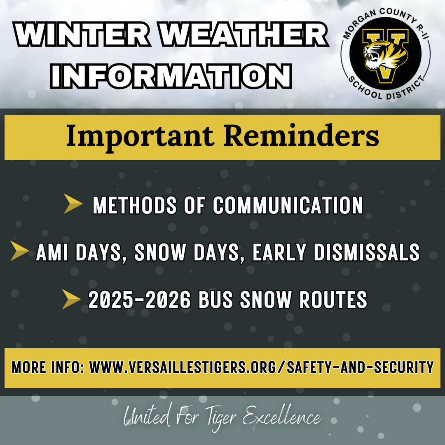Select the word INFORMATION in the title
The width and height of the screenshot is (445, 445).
pyautogui.click(x=171, y=75)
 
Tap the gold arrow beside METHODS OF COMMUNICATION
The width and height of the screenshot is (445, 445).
pyautogui.click(x=73, y=205)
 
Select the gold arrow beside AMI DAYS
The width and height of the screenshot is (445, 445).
pyautogui.click(x=19, y=251)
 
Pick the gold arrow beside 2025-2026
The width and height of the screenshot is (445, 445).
pyautogui.click(x=71, y=300)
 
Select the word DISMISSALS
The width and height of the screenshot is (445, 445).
pyautogui.click(x=367, y=252)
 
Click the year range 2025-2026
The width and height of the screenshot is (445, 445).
pyautogui.click(x=139, y=300)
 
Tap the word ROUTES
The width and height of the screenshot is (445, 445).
pyautogui.click(x=333, y=300)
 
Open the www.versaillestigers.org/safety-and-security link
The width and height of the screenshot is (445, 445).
pyautogui.click(x=262, y=367)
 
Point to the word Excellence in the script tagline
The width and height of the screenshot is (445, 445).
pyautogui.click(x=281, y=418)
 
